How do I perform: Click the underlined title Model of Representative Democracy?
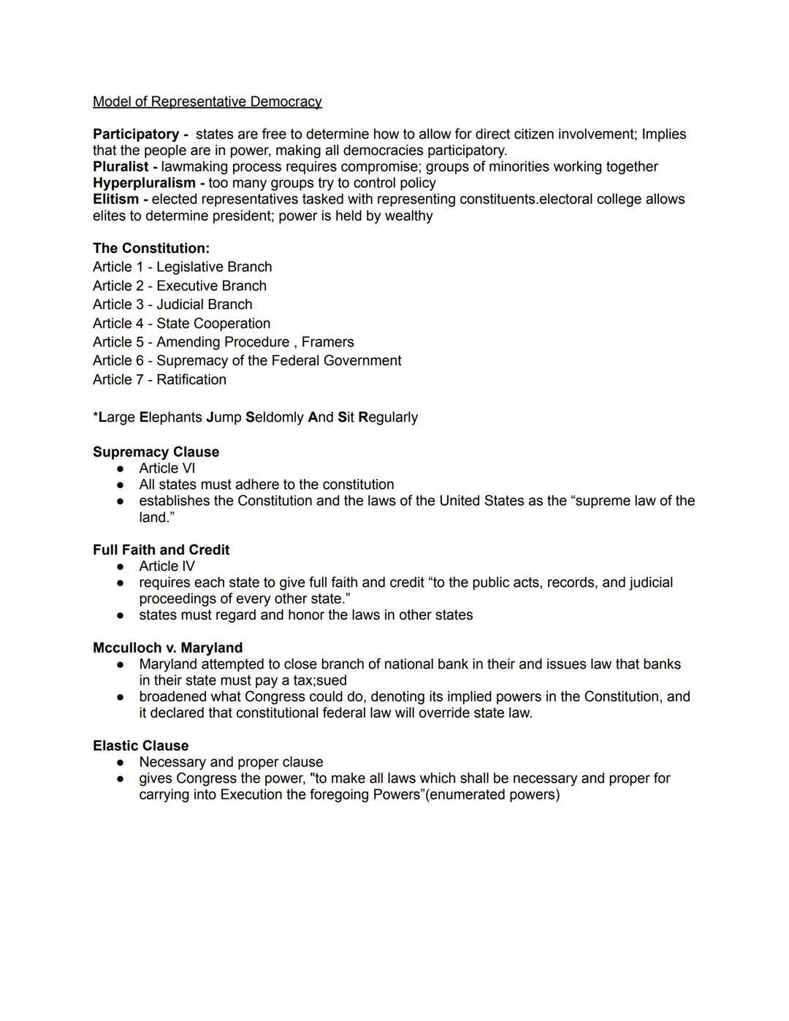pyautogui.click(x=207, y=102)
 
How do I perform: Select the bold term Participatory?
pyautogui.click(x=136, y=134)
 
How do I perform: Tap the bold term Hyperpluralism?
pyautogui.click(x=144, y=183)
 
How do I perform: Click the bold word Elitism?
pyautogui.click(x=115, y=199)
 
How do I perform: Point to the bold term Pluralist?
pyautogui.click(x=121, y=167)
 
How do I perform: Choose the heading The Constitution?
pyautogui.click(x=150, y=248)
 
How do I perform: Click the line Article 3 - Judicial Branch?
pyautogui.click(x=172, y=305)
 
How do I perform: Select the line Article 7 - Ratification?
pyautogui.click(x=159, y=379)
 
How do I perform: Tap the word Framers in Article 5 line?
pyautogui.click(x=327, y=342)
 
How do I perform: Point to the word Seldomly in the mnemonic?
pyautogui.click(x=274, y=417)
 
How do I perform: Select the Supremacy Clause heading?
pyautogui.click(x=156, y=452)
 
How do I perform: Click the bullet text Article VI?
pyautogui.click(x=167, y=468)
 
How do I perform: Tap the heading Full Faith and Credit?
pyautogui.click(x=161, y=550)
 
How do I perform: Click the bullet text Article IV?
pyautogui.click(x=167, y=566)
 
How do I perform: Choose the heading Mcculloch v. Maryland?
pyautogui.click(x=167, y=648)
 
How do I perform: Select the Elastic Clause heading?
pyautogui.click(x=140, y=746)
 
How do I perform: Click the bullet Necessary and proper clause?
pyautogui.click(x=231, y=762)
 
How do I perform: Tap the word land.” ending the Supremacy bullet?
pyautogui.click(x=156, y=517)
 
